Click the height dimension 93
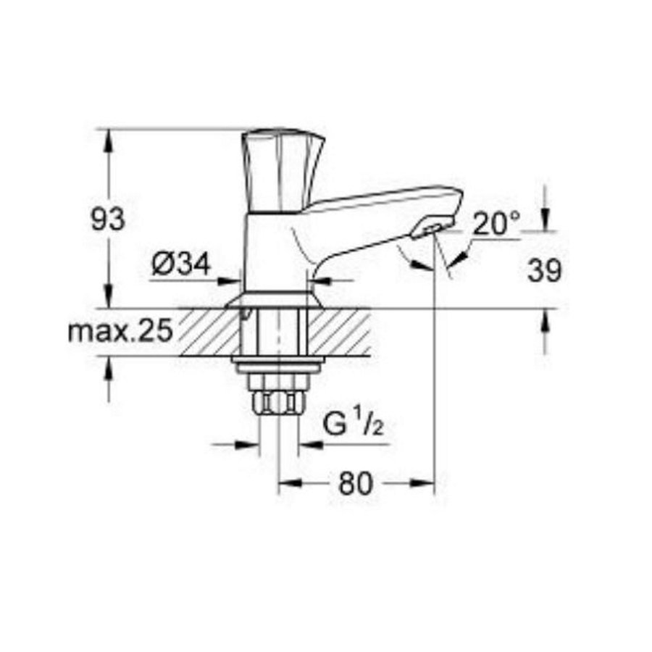(108, 219)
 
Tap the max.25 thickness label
(120, 332)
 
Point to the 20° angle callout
(497, 223)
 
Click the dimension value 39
(545, 271)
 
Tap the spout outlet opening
(427, 230)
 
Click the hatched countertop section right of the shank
(340, 330)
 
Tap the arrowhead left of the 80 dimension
(288, 482)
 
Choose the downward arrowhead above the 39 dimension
(545, 221)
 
